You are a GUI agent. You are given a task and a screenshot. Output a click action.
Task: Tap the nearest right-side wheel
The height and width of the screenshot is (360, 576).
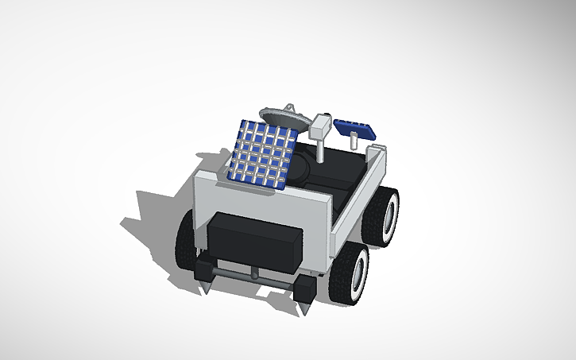click(x=349, y=273)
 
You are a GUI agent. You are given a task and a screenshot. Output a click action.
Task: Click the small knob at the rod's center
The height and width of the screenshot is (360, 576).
click(x=253, y=273)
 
